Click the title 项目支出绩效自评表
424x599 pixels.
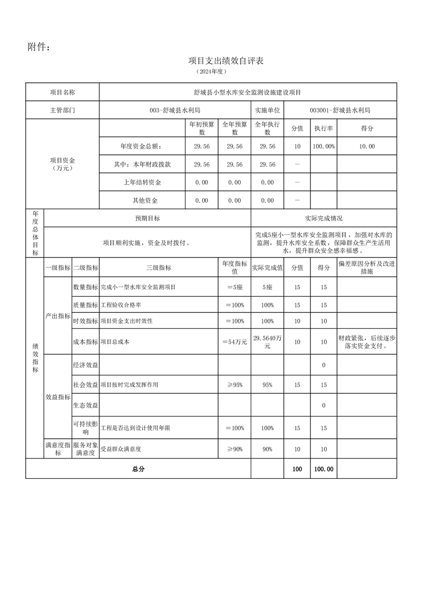[x=226, y=61]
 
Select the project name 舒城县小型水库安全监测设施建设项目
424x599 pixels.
[x=248, y=92]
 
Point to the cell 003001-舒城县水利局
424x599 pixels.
[x=340, y=110]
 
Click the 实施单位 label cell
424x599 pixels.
[x=267, y=110]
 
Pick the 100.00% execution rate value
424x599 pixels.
[x=323, y=146]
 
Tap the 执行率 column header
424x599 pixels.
[x=323, y=128]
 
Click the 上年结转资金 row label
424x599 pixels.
[x=142, y=183]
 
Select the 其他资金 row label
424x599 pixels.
[x=142, y=201]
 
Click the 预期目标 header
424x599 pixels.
[x=148, y=218]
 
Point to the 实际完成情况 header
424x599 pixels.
[x=323, y=218]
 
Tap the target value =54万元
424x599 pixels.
[x=234, y=342]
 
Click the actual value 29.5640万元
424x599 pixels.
[x=267, y=342]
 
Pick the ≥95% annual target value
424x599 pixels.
[x=234, y=385]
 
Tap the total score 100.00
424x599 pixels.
[x=323, y=469]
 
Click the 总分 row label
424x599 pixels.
[x=138, y=469]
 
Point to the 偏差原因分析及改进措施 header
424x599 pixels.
[x=367, y=267]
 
